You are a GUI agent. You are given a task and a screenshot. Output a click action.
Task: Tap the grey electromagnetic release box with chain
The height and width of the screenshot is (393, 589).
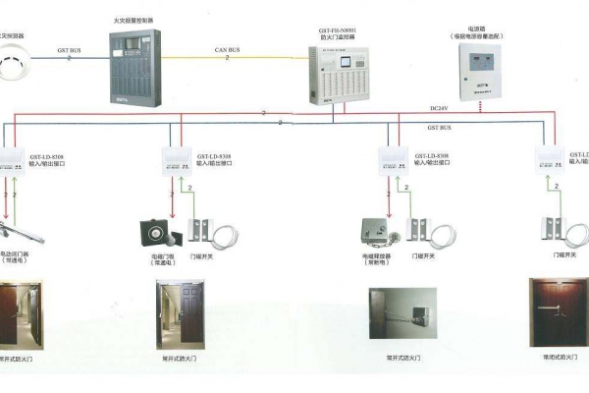point(376,232)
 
